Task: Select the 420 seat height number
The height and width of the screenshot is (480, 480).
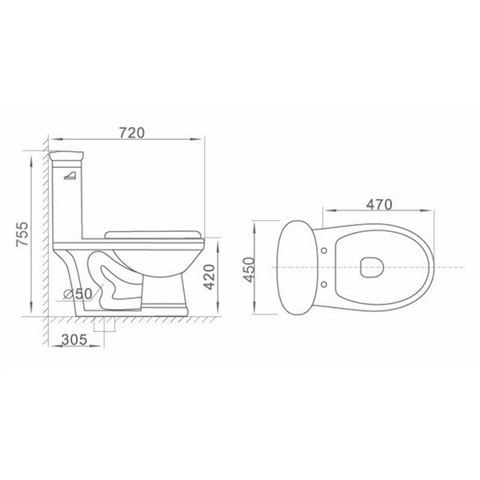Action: click(x=210, y=277)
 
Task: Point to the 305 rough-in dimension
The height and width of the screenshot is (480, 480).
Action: click(x=74, y=338)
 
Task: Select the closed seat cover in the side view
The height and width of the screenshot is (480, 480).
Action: click(x=152, y=232)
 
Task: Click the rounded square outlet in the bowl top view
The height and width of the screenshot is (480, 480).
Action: click(x=370, y=266)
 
